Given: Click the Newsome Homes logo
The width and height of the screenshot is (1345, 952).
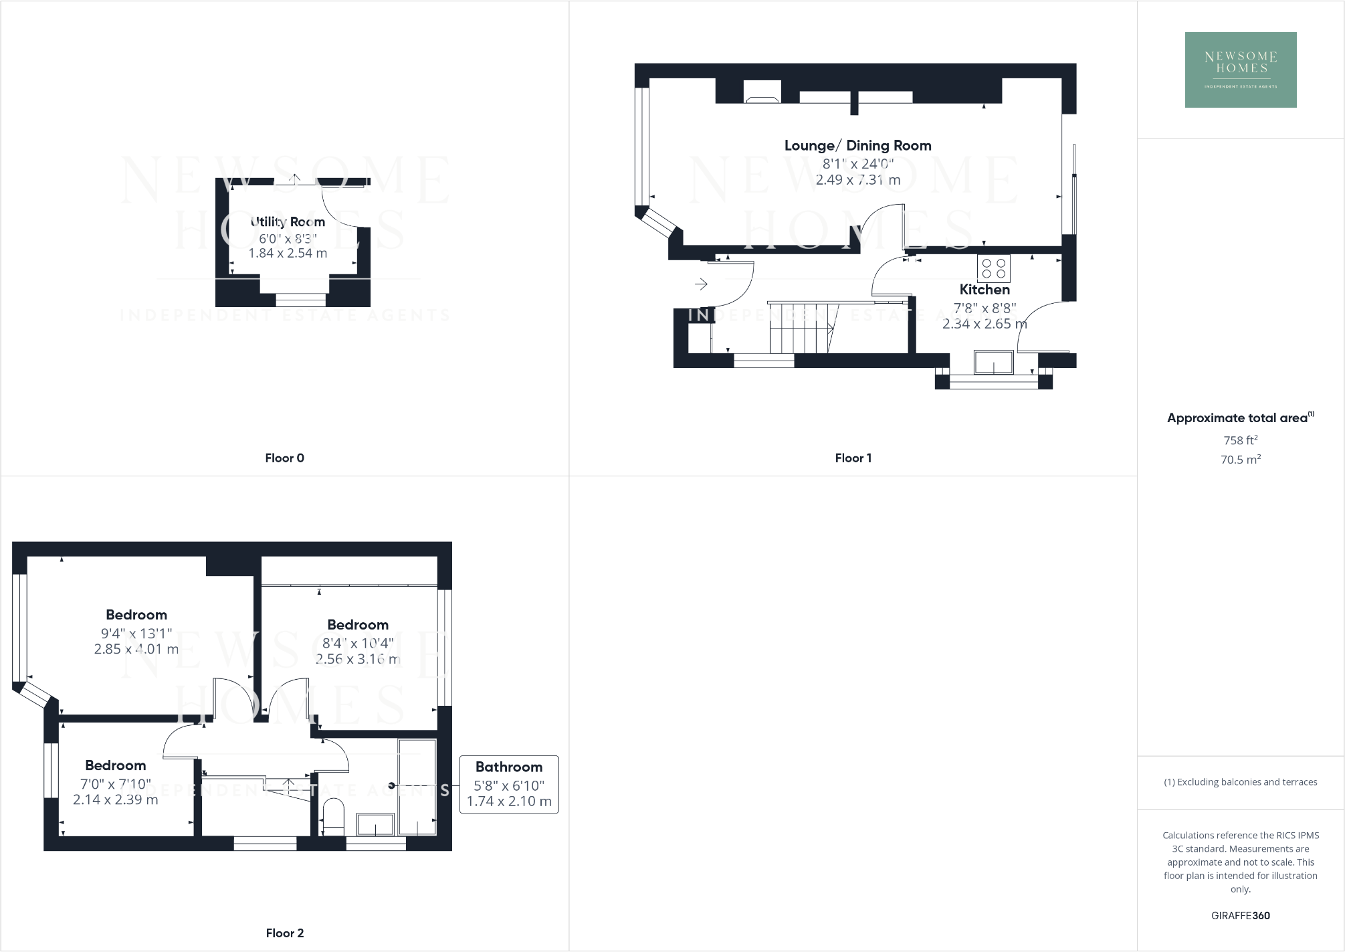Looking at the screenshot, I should [x=1240, y=70].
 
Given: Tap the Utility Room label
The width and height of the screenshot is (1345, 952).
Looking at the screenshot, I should [x=288, y=221].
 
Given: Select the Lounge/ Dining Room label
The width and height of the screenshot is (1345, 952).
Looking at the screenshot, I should [x=857, y=145].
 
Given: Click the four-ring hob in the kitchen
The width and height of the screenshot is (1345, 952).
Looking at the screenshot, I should [x=993, y=268].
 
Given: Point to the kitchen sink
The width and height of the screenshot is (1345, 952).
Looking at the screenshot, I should [x=993, y=362].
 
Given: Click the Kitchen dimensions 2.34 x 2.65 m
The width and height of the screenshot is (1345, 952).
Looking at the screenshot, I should [x=984, y=324].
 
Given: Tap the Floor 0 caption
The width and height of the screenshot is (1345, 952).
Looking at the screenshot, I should [x=284, y=458].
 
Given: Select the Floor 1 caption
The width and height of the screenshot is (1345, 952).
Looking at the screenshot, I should [x=853, y=458].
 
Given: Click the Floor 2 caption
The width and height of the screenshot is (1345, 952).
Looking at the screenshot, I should [x=284, y=933].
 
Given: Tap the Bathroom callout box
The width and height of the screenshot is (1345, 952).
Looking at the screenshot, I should [x=509, y=784].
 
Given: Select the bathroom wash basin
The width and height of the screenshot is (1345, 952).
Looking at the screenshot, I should [x=375, y=824].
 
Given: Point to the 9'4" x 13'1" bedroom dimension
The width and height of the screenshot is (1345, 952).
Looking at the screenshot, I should [x=136, y=633].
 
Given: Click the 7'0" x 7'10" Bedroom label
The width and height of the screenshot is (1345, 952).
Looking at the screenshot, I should [x=115, y=765].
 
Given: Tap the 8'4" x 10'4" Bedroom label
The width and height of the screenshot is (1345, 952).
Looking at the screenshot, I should [x=358, y=625].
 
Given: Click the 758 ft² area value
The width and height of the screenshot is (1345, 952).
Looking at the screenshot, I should [x=1240, y=440].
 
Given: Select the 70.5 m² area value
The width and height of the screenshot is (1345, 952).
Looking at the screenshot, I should [x=1240, y=460].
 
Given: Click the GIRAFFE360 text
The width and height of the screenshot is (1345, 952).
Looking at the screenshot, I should [x=1240, y=915].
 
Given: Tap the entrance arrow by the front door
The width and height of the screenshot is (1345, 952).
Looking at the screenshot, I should [x=701, y=284].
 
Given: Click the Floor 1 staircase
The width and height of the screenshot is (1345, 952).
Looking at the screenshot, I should [x=802, y=328].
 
